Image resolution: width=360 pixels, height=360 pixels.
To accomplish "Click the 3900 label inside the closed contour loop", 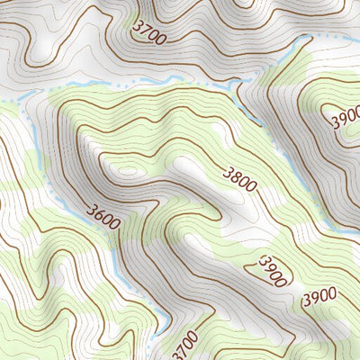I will point(272,270).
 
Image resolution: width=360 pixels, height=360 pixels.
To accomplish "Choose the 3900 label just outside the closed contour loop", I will point(319,294).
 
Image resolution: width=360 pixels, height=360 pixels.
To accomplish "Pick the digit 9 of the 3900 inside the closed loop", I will point(268,266).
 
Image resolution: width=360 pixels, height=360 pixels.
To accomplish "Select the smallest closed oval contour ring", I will point(126,170).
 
